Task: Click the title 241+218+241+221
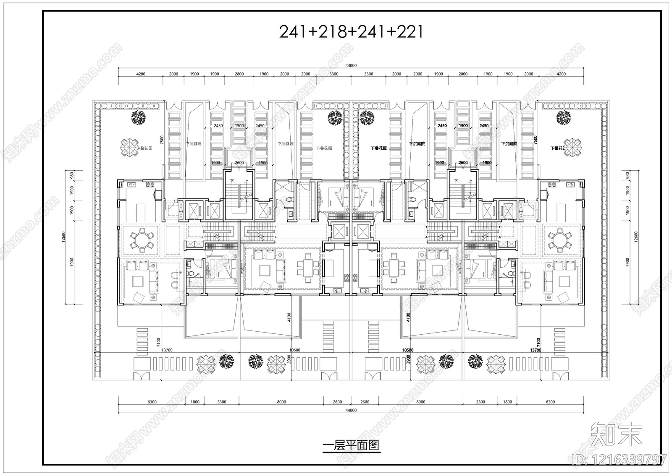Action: [351, 31]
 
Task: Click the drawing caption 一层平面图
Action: [351, 445]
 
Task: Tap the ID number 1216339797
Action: [619, 459]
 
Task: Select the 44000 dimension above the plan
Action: [351, 65]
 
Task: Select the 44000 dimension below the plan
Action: [351, 410]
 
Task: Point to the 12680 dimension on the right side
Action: [635, 237]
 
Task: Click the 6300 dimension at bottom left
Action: [152, 402]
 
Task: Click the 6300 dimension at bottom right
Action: [550, 402]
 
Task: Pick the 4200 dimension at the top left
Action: [141, 74]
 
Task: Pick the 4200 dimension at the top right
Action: [561, 74]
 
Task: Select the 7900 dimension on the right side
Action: [627, 262]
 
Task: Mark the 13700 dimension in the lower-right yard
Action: [535, 350]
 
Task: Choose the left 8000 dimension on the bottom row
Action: [281, 402]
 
